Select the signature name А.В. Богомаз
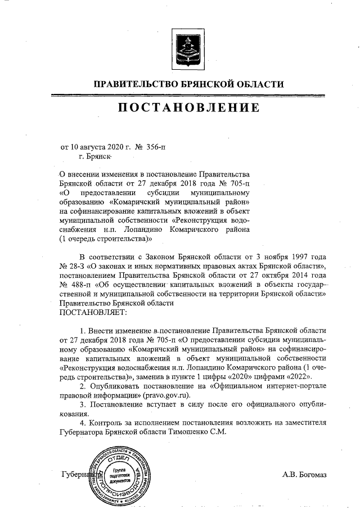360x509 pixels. [304, 475]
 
